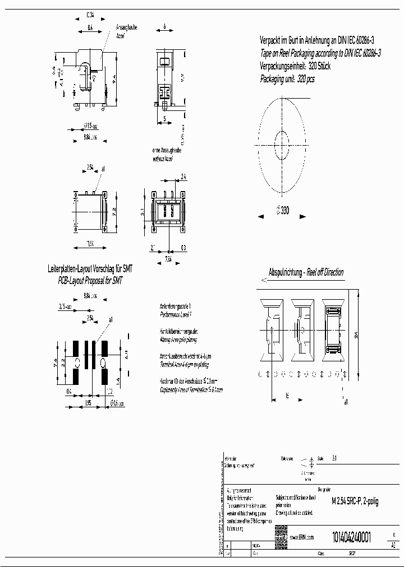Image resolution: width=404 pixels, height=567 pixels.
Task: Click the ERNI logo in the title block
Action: (281, 536)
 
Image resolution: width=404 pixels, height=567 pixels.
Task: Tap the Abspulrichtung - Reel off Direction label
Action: (306, 272)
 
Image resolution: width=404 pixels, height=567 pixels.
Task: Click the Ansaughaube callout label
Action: (126, 27)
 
